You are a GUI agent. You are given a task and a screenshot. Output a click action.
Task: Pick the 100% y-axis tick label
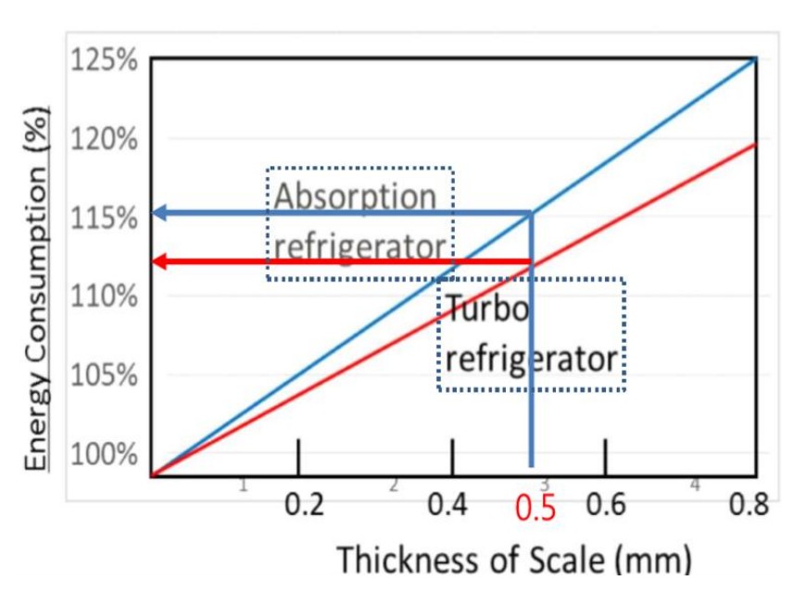(103, 455)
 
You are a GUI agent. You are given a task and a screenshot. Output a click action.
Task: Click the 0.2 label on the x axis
(305, 506)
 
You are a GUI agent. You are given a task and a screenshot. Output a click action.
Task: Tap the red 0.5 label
(535, 510)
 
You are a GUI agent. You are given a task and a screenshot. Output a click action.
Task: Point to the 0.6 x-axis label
(607, 506)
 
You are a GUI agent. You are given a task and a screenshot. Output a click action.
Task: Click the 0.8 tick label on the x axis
(749, 506)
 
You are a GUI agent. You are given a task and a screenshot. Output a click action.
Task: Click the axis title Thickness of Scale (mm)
(514, 560)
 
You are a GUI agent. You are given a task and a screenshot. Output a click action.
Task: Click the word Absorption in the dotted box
(355, 196)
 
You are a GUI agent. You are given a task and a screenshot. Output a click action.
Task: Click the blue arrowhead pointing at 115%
(160, 213)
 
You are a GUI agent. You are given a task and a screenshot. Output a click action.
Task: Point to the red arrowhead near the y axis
(160, 261)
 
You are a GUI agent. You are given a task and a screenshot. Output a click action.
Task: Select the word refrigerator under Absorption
(359, 247)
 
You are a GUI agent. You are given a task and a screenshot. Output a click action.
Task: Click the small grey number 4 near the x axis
(695, 485)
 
